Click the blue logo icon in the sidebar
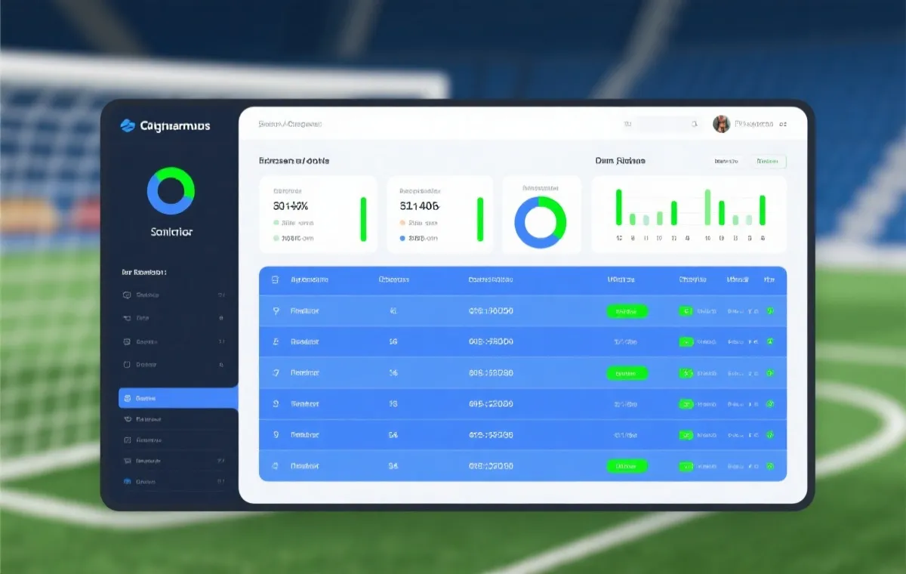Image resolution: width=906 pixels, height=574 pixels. (128, 125)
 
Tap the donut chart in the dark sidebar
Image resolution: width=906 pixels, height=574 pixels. (171, 191)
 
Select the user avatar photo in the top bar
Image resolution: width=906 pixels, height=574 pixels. (722, 124)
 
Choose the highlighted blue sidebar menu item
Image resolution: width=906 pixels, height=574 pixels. (178, 398)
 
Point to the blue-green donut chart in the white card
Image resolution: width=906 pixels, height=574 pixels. (541, 223)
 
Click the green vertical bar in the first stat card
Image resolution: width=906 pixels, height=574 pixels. (363, 219)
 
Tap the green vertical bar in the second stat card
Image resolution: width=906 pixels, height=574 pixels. (479, 219)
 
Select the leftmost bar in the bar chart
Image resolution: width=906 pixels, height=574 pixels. (619, 208)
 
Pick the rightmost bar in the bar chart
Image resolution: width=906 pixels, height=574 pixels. (763, 210)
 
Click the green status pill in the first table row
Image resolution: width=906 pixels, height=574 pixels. (627, 311)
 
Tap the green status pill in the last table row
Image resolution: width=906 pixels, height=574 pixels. (627, 466)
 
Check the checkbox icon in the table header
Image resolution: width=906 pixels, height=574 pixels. (275, 279)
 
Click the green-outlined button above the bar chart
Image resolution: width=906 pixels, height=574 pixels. (769, 161)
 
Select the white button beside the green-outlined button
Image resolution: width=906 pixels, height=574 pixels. (727, 161)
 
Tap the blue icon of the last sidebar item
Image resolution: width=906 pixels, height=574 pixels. (127, 481)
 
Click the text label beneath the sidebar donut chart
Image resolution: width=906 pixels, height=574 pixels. (171, 232)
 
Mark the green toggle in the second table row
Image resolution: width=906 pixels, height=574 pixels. (686, 341)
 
